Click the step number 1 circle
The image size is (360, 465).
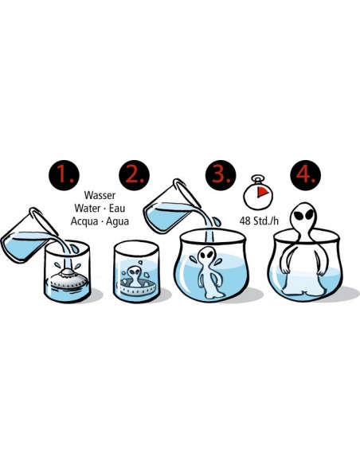coord(64,175)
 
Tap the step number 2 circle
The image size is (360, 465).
coord(134,175)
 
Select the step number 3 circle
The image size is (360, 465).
coord(221,175)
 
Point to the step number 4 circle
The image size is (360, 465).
coord(305,175)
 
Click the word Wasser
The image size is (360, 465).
coord(100,195)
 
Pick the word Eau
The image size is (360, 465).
coord(117,208)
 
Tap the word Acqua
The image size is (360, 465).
coord(84,221)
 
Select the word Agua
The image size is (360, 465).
coord(117,221)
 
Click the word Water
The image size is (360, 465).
coord(88,208)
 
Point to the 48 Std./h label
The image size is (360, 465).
coord(259,221)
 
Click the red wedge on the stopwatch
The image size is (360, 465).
coord(262,192)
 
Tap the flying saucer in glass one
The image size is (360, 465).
coord(68,279)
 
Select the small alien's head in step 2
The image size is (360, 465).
coord(134,272)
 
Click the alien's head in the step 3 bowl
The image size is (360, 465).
coord(206,256)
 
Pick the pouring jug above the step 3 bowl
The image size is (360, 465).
coord(172,207)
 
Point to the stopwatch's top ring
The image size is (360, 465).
coord(257,178)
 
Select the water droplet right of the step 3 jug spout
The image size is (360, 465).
coord(217,222)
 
